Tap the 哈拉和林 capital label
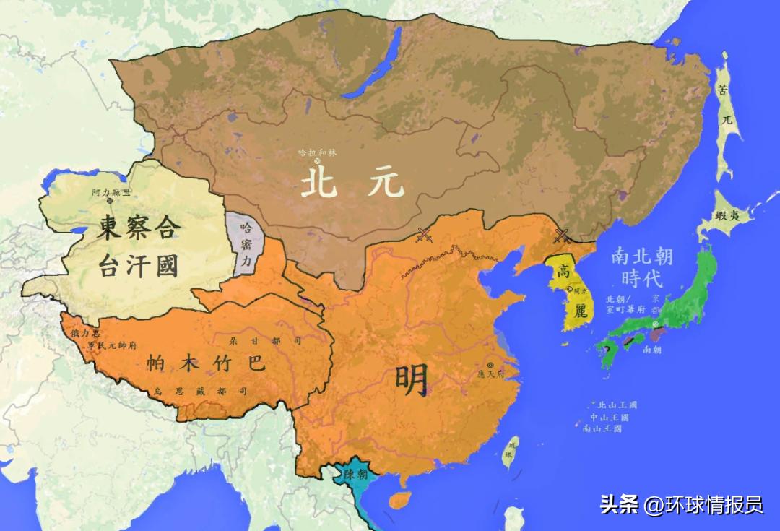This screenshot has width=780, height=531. pos(318,152)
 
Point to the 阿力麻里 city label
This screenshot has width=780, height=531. pos(112,193)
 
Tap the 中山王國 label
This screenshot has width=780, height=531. pos(610,418)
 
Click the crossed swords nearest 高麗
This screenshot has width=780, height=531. pos(560,235)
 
